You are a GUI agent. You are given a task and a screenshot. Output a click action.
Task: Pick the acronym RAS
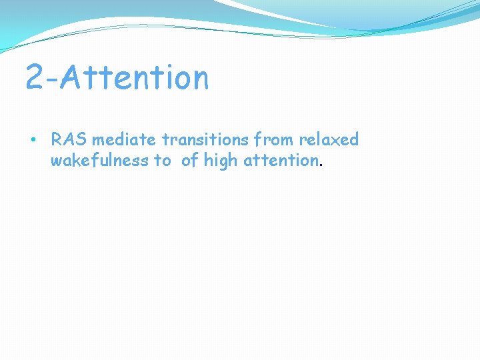pyautogui.click(x=69, y=140)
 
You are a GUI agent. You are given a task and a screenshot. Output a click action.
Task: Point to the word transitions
pyautogui.click(x=205, y=140)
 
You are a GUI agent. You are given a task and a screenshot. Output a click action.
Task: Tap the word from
pyautogui.click(x=274, y=140)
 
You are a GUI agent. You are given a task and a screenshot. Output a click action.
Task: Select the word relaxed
pyautogui.click(x=329, y=140)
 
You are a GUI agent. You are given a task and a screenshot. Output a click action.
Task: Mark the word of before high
pyautogui.click(x=190, y=161)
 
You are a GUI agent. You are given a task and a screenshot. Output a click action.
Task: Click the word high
pyautogui.click(x=221, y=161)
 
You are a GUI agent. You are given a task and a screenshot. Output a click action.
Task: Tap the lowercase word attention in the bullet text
pyautogui.click(x=280, y=161)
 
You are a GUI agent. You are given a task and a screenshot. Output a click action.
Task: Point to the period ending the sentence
pyautogui.click(x=322, y=165)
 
